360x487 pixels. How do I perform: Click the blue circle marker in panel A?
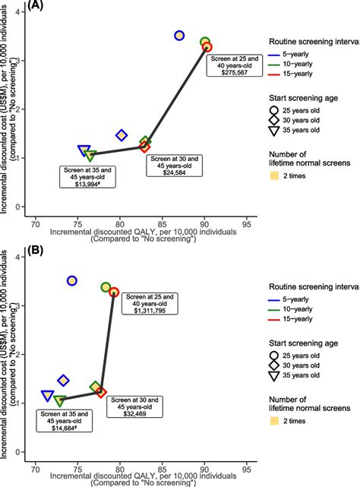click(179, 36)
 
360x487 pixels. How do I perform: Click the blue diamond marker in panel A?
click(122, 135)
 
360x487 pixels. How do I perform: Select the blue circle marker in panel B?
click(72, 280)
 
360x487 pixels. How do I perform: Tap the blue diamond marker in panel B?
click(64, 380)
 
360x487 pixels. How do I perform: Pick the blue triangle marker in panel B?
click(48, 396)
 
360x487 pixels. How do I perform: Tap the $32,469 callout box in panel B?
click(134, 406)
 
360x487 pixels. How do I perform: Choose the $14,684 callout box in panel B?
click(65, 420)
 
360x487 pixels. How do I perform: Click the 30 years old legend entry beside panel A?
click(300, 119)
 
